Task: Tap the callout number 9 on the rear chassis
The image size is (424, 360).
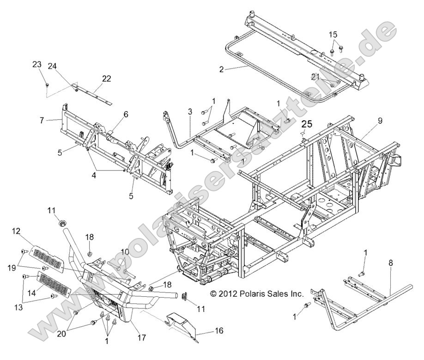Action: pos(380,121)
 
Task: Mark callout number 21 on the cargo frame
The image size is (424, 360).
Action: pos(315,77)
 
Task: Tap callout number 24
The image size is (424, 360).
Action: pos(53,66)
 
